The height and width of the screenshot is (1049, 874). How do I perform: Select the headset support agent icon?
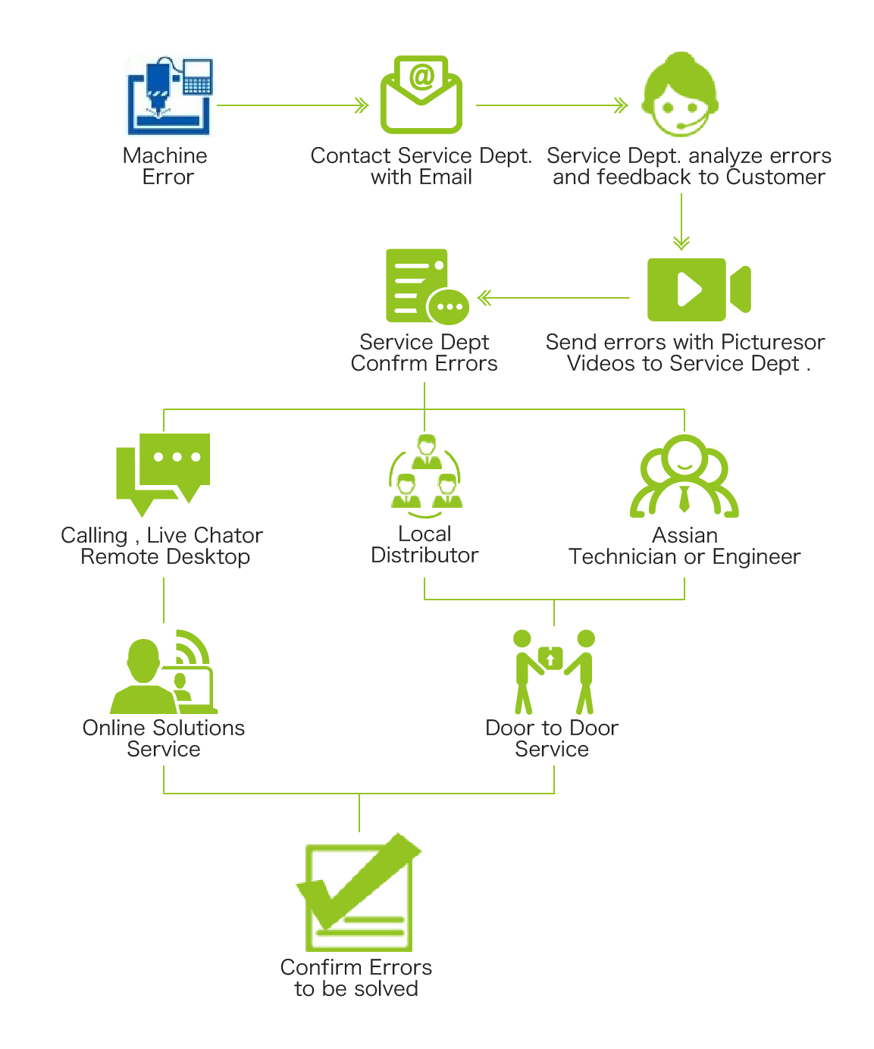point(680,95)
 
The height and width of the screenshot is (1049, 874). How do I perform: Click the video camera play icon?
point(697,290)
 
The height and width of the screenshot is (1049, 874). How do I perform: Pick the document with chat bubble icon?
point(424,287)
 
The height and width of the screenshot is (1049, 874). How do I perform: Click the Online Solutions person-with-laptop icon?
point(164,673)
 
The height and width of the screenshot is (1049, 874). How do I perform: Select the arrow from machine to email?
point(293,105)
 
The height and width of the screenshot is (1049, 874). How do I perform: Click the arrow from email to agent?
point(552,105)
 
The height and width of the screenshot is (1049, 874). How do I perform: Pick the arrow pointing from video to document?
point(553,298)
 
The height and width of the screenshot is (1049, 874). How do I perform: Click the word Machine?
point(164,155)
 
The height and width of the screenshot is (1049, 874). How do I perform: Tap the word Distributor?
point(424,556)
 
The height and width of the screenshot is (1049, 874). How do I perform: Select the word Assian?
point(684,535)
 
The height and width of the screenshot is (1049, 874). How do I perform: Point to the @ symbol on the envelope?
point(421,76)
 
